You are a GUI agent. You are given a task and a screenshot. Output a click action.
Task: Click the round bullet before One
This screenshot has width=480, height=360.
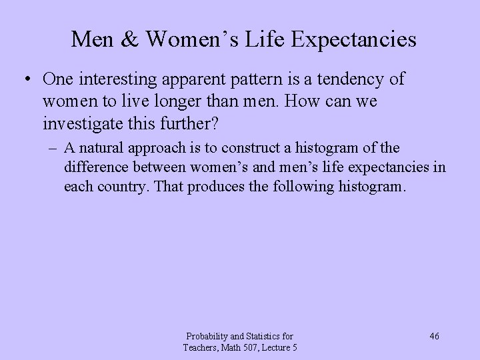(25, 80)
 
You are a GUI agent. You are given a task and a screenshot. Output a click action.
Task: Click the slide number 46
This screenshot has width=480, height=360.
(434, 336)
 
